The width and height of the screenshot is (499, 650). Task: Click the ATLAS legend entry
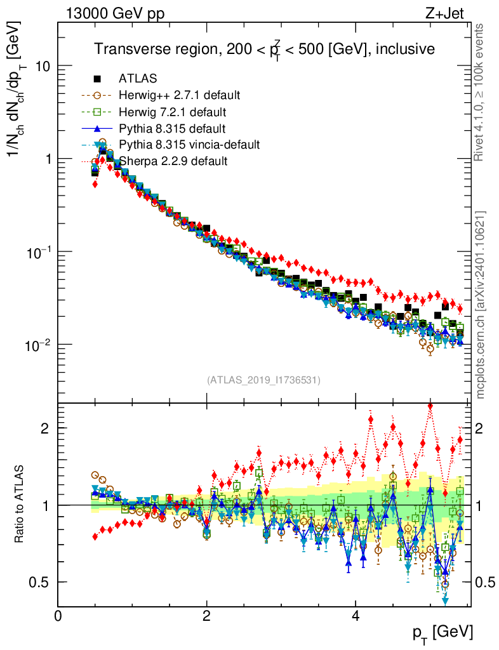pyautogui.click(x=138, y=79)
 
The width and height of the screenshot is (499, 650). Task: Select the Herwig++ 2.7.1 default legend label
pyautogui.click(x=179, y=95)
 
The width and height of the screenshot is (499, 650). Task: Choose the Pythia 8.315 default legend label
pyautogui.click(x=172, y=128)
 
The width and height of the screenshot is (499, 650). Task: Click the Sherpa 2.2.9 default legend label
pyautogui.click(x=173, y=161)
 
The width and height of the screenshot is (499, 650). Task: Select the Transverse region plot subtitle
pyautogui.click(x=264, y=50)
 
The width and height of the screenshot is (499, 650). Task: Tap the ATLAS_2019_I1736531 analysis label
pyautogui.click(x=263, y=380)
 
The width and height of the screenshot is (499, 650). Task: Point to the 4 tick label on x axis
pyautogui.click(x=356, y=615)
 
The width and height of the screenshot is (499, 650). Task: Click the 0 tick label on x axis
pyautogui.click(x=58, y=615)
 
